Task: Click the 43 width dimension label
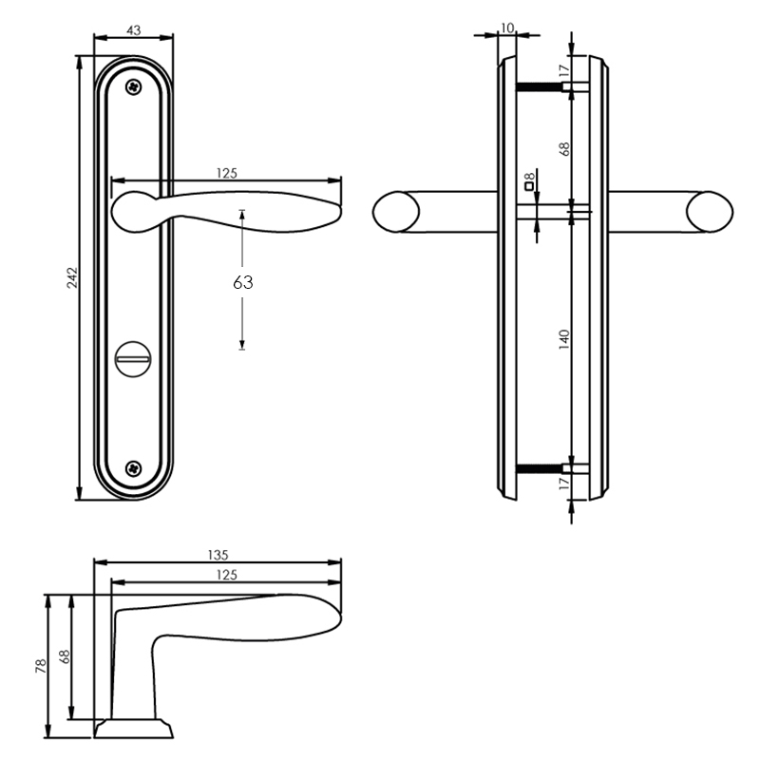point(134,30)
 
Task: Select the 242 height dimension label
point(72,277)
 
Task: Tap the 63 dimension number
point(243,282)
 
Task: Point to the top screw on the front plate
point(134,87)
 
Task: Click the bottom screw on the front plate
point(134,468)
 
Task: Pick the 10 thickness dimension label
point(507,28)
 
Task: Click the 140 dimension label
point(564,339)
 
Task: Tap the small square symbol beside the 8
point(530,186)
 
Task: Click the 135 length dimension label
point(218,555)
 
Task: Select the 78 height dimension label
point(41,666)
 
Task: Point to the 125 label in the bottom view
point(227,575)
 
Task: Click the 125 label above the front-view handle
point(227,173)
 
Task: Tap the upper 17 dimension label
point(563,70)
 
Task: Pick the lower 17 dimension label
point(563,484)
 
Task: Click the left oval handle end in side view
point(396,212)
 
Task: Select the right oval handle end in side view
point(710,212)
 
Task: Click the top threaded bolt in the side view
point(539,87)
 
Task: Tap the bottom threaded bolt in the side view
point(539,468)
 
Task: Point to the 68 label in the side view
point(564,149)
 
